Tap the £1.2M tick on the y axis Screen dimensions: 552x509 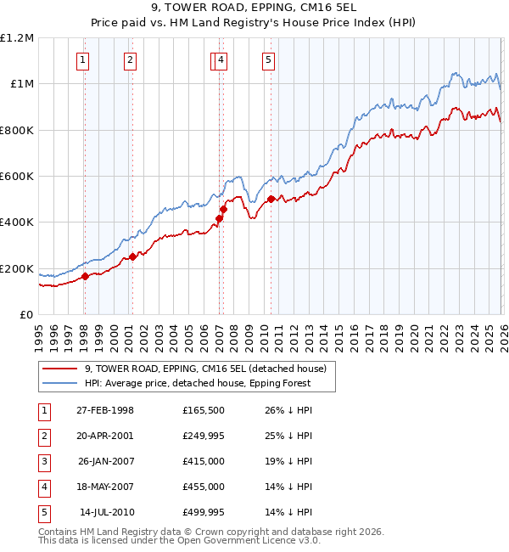(17, 38)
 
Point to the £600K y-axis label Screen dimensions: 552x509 (17, 177)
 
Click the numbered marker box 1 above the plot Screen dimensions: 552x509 (83, 59)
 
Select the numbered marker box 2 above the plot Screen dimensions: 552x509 (130, 59)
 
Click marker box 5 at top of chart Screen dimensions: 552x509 (268, 59)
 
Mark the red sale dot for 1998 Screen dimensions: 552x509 (86, 276)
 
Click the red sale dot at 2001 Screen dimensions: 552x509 (132, 256)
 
